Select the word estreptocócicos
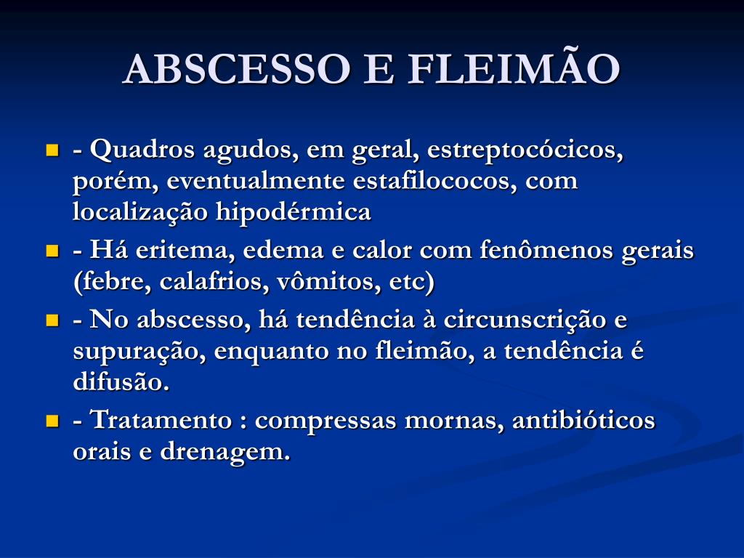pyautogui.click(x=526, y=151)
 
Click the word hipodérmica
pyautogui.click(x=293, y=211)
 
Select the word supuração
pyautogui.click(x=132, y=352)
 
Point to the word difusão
pyautogui.click(x=121, y=382)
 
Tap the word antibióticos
pyautogui.click(x=583, y=421)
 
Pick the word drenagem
pyautogui.click(x=225, y=452)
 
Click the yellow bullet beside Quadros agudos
pyautogui.click(x=52, y=151)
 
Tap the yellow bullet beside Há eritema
pyautogui.click(x=52, y=251)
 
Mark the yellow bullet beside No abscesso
pyautogui.click(x=52, y=320)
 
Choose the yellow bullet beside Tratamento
pyautogui.click(x=52, y=421)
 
